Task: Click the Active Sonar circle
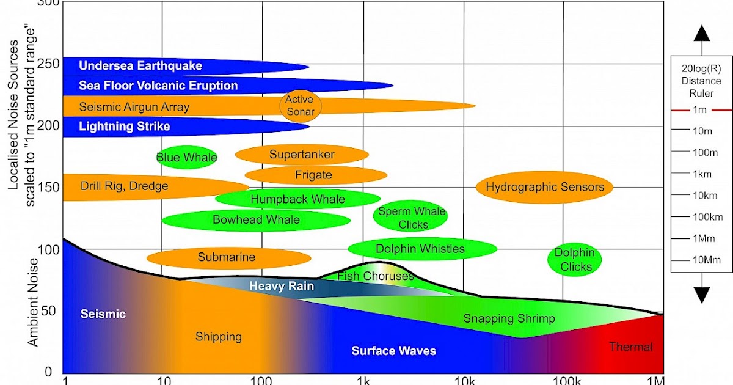pyautogui.click(x=300, y=105)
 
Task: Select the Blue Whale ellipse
pyautogui.click(x=187, y=158)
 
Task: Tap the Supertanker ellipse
pyautogui.click(x=302, y=155)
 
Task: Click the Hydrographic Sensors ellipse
pyautogui.click(x=544, y=187)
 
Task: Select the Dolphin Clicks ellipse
pyautogui.click(x=575, y=259)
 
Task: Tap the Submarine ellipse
pyautogui.click(x=226, y=258)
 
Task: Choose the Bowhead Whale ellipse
pyautogui.click(x=256, y=220)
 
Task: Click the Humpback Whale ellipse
pyautogui.click(x=297, y=199)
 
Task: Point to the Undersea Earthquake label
pyautogui.click(x=140, y=66)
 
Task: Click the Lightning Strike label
pyautogui.click(x=125, y=127)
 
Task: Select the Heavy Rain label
pyautogui.click(x=282, y=285)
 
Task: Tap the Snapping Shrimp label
pyautogui.click(x=509, y=318)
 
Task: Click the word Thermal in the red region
pyautogui.click(x=630, y=347)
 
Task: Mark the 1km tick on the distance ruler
pyautogui.click(x=701, y=174)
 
